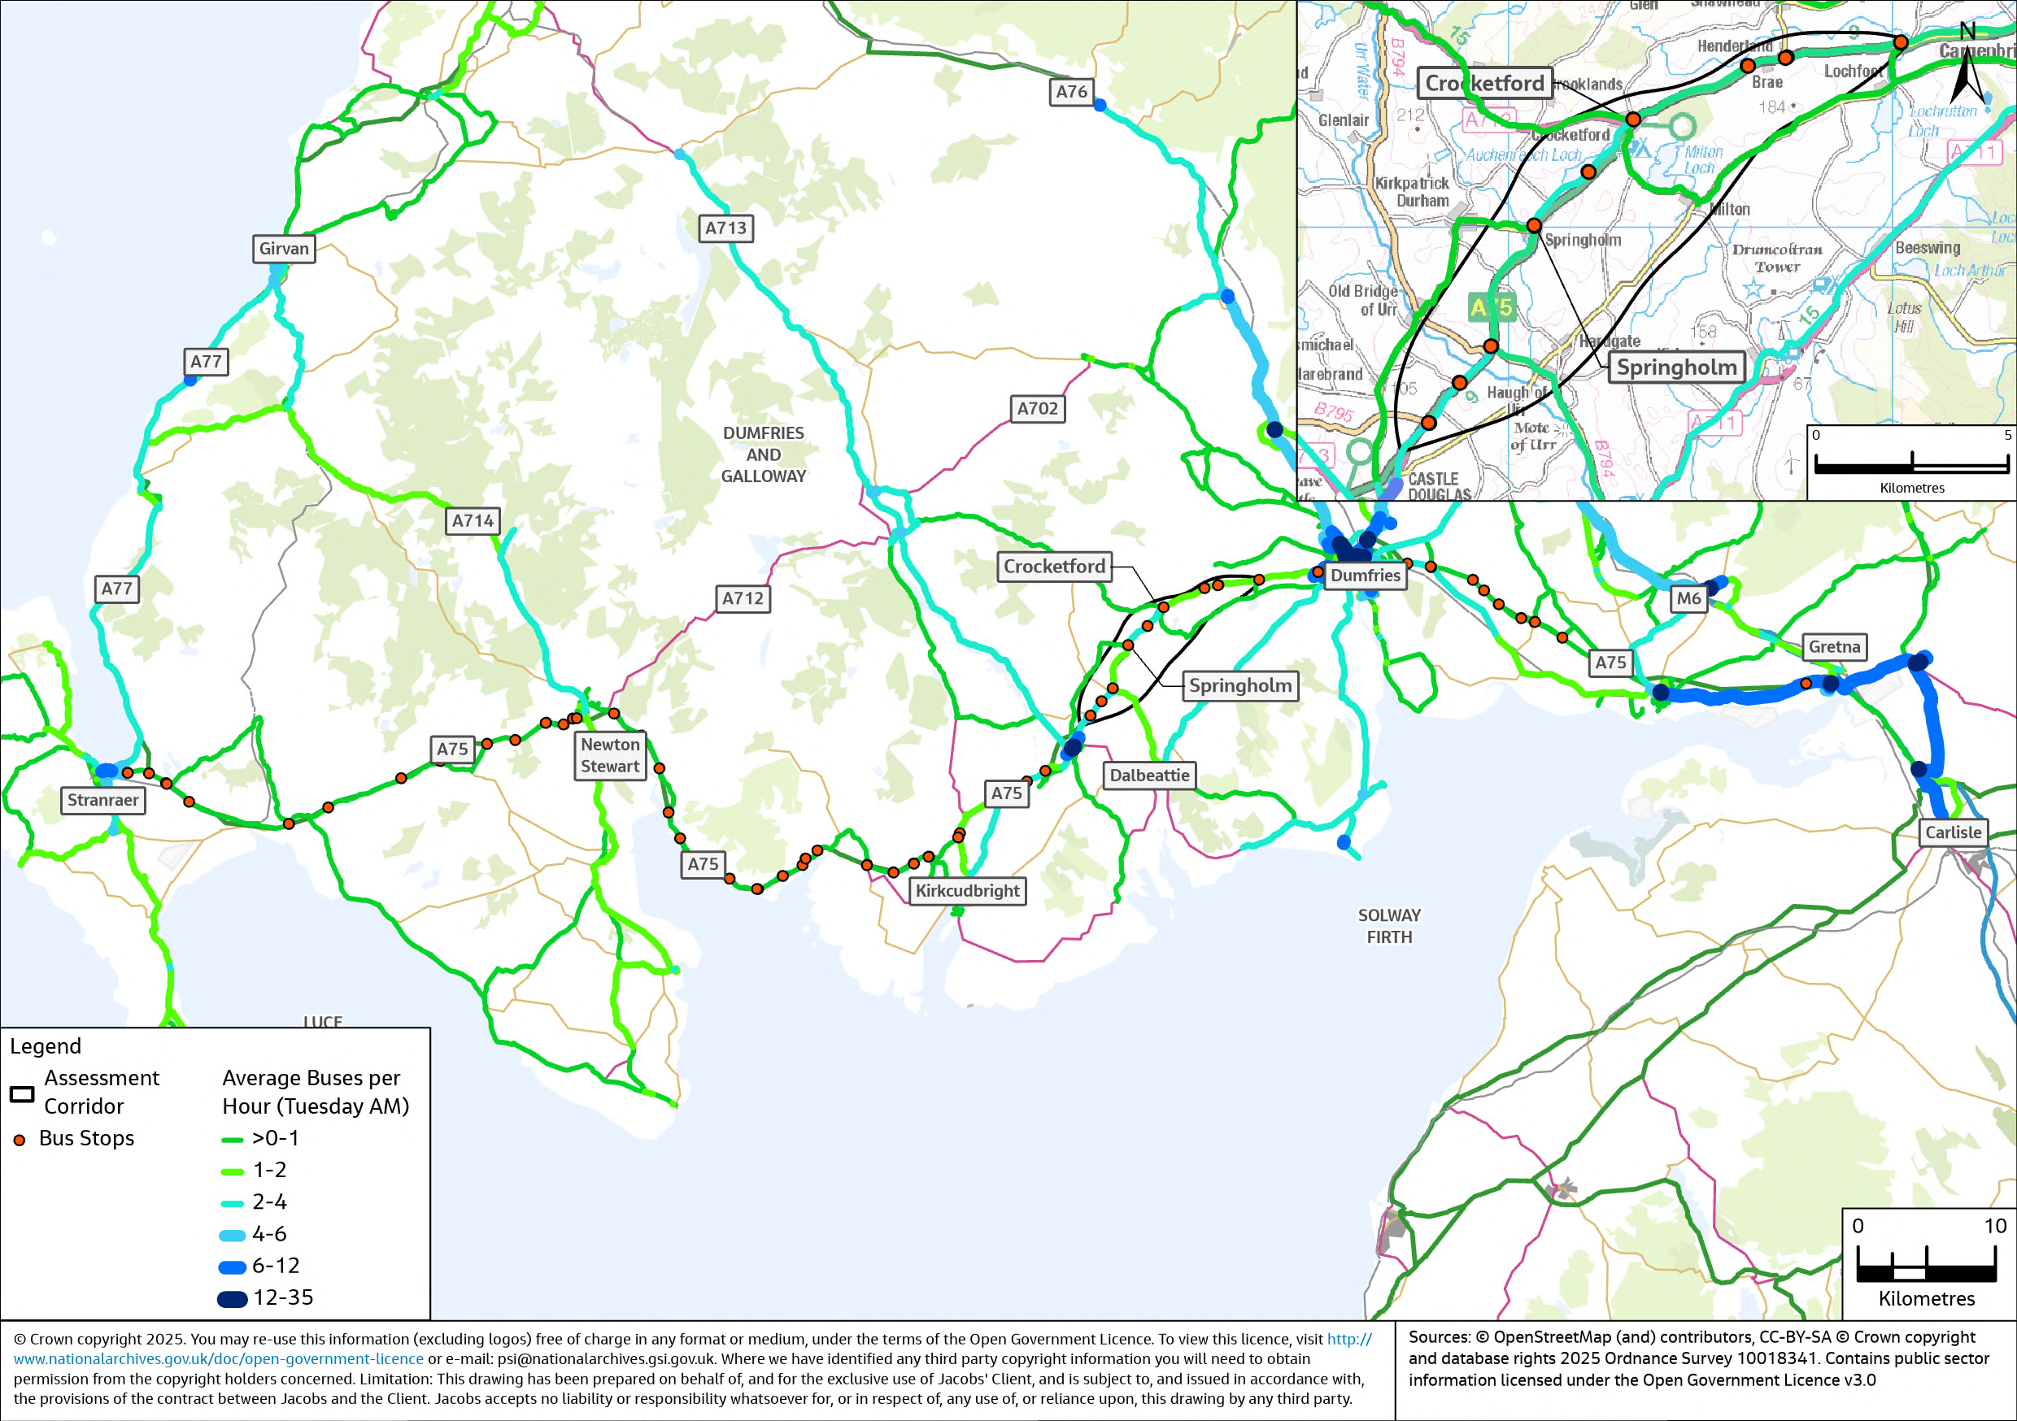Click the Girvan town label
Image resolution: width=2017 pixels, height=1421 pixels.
coord(284,249)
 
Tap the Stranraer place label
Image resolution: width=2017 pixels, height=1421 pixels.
coord(102,800)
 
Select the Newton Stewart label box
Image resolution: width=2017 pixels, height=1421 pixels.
coord(610,755)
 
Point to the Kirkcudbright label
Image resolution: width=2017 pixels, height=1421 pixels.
coord(967,890)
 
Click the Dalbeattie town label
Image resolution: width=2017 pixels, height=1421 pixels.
coord(1148,776)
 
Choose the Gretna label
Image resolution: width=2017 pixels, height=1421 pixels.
coord(1833,647)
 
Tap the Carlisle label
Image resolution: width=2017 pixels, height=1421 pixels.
coord(1952,832)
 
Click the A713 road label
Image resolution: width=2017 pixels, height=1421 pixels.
coord(725,228)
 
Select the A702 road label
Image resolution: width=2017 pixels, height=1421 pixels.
coord(1038,408)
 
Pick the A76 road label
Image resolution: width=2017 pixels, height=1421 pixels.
coord(1071,91)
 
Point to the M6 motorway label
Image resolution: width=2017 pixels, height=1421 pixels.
coord(1688,599)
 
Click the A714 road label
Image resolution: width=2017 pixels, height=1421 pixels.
coord(473,521)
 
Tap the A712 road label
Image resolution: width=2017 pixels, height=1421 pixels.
coord(743,599)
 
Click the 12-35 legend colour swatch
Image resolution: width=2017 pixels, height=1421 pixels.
coord(232,1299)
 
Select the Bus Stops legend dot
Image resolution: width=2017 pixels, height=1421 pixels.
coord(20,1140)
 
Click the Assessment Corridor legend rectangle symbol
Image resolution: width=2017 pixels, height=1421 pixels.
coord(22,1094)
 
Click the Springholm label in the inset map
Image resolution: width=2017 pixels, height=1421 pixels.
coord(1676,367)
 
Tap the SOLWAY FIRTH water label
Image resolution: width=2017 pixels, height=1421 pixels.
coord(1389,926)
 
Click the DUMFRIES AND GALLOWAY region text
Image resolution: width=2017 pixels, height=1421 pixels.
coord(763,455)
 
